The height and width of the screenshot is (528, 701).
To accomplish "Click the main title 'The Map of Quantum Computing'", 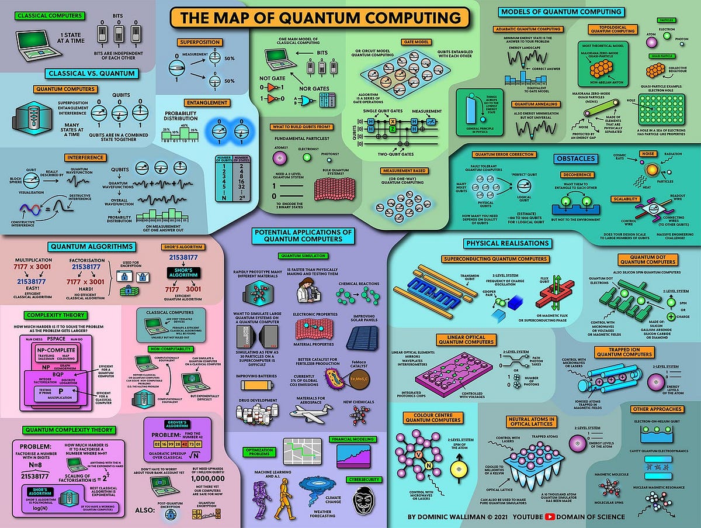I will pos(320,18).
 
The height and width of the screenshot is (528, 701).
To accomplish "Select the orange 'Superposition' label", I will pos(200,43).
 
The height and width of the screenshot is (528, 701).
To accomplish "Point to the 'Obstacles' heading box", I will pos(575,158).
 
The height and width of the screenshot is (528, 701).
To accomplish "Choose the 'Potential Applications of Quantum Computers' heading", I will pos(304,236).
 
